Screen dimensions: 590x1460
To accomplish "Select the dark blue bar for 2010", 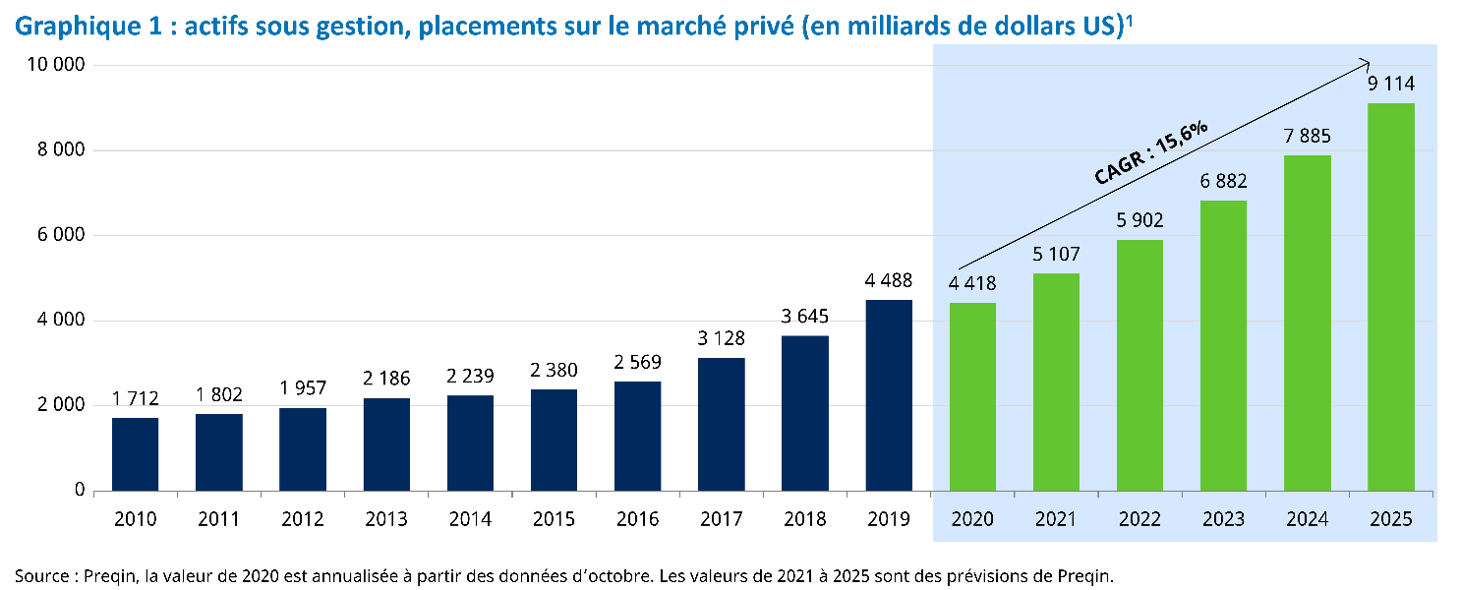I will (135, 453).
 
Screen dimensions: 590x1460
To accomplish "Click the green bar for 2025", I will (1391, 296).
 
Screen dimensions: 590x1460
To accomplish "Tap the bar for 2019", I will (889, 394).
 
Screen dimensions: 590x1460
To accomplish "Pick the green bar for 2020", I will (972, 396).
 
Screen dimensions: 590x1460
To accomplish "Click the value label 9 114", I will (1391, 85).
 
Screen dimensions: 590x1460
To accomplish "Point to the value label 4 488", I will (889, 281).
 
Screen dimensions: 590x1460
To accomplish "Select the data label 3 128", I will (722, 339).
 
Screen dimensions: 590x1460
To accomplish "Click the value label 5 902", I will (1139, 221).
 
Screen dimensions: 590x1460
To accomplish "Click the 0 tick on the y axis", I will (80, 490).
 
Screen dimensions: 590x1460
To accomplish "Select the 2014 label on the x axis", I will (470, 518).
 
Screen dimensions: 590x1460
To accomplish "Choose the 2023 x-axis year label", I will (1224, 518).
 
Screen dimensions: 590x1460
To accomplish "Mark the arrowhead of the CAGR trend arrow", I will (1367, 61).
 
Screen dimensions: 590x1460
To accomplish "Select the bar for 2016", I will (637, 436).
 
